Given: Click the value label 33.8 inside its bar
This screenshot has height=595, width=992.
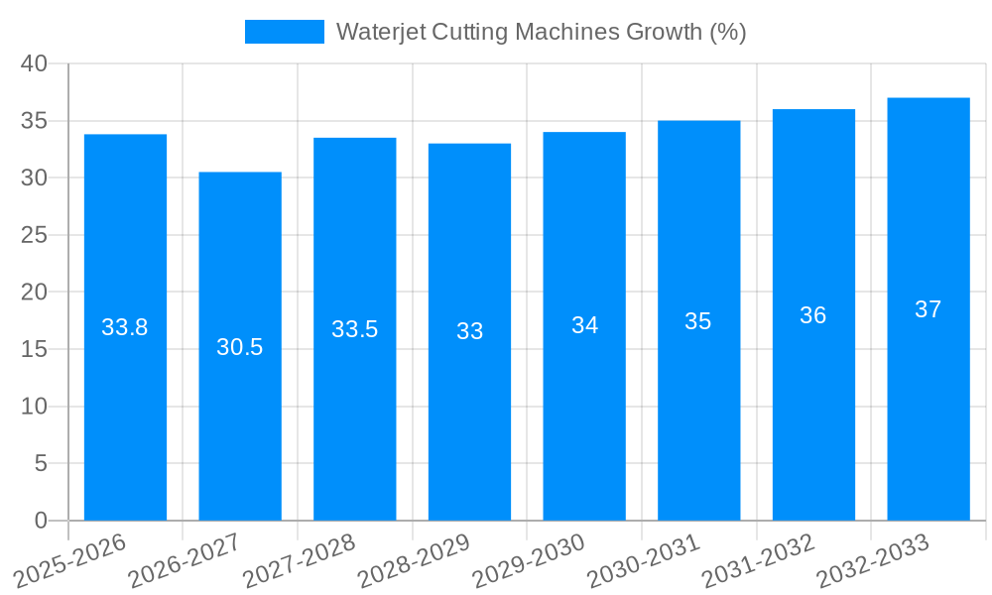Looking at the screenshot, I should tap(125, 327).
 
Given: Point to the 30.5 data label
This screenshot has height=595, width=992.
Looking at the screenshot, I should tap(240, 347).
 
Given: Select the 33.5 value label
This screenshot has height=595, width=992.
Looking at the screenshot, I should tap(354, 329).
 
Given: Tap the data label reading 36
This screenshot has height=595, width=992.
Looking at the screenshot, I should tap(813, 315).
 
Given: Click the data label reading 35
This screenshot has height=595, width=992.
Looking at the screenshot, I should tap(698, 321).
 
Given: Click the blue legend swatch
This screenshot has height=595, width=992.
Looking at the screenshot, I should tap(285, 32).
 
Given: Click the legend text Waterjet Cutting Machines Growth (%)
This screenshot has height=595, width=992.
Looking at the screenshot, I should tap(541, 32).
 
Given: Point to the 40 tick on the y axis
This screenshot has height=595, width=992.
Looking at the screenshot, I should tap(34, 63).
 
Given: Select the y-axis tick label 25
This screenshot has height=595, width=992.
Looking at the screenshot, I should tap(34, 235).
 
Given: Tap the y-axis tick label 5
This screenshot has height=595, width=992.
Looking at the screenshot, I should tap(41, 463).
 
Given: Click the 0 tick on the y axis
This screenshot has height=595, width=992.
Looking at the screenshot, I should tap(41, 521).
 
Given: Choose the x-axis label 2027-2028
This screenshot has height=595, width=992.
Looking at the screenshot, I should tap(300, 560).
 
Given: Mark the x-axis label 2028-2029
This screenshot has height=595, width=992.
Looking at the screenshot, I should tap(414, 560).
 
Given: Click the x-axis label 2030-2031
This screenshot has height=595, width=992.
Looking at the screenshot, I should tap(644, 560).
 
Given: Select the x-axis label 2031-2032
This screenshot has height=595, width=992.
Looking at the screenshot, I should tap(759, 560).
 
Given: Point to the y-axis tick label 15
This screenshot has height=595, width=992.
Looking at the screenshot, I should tap(34, 349).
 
